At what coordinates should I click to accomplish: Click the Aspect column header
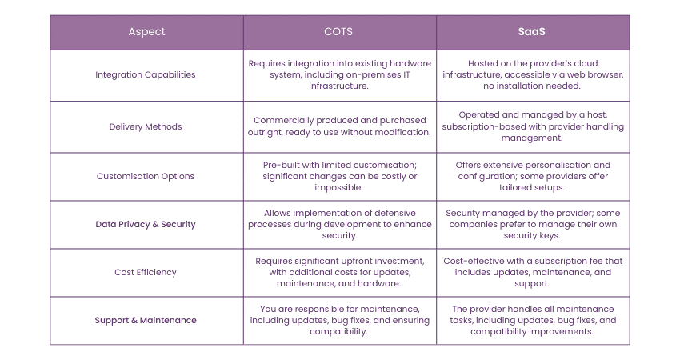tap(146, 32)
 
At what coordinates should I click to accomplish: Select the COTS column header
tap(340, 32)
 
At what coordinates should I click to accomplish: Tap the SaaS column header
tap(533, 32)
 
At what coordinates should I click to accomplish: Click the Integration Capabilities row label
tap(146, 75)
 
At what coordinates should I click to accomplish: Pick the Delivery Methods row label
tap(146, 126)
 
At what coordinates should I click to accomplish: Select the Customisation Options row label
tap(146, 176)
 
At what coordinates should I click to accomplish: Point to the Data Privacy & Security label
tap(146, 224)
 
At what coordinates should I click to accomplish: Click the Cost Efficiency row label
tap(146, 272)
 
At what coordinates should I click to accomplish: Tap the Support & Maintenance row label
tap(146, 320)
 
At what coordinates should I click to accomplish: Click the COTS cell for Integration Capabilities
tap(340, 75)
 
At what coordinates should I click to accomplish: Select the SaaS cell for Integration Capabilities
tap(533, 75)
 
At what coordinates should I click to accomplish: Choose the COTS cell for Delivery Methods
tap(340, 126)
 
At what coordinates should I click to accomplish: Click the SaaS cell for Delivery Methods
tap(533, 126)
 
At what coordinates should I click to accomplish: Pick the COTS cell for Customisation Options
tap(340, 176)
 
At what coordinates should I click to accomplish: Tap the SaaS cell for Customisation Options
tap(533, 176)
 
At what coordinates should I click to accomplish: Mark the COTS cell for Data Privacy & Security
tap(340, 224)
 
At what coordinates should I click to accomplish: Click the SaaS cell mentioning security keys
tap(533, 224)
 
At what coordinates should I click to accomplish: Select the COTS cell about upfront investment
tap(340, 272)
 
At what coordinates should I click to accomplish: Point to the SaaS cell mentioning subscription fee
tap(533, 272)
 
